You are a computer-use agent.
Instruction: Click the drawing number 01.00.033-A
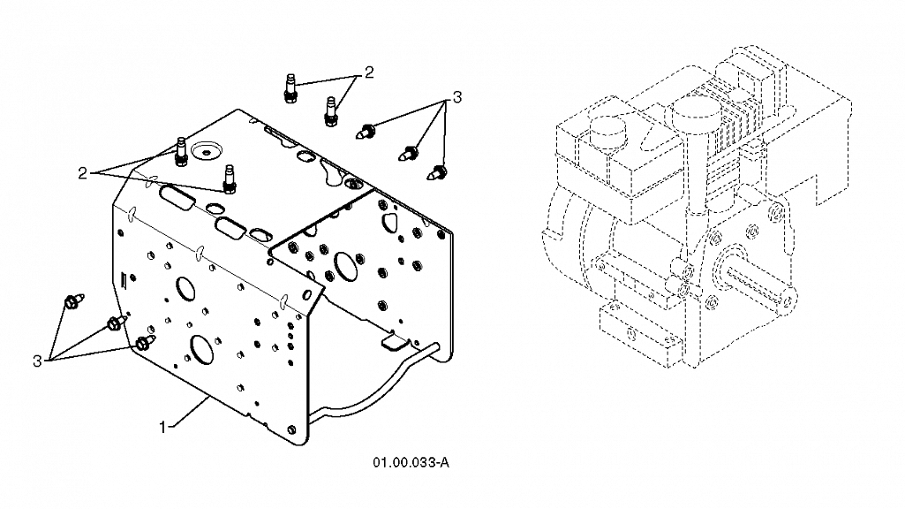coord(411,462)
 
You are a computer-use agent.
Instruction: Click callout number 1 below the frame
coord(162,427)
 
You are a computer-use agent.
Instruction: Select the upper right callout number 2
coord(369,72)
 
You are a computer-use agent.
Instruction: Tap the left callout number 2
coord(82,172)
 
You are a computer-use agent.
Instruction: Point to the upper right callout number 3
coord(457,97)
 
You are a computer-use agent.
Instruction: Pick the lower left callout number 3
coord(37,361)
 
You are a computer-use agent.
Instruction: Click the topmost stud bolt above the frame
coord(290,88)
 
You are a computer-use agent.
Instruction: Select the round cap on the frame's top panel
coord(205,149)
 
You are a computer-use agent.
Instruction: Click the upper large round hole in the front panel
coord(185,288)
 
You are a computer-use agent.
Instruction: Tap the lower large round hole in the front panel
coord(201,350)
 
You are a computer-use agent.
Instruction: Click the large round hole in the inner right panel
coord(344,264)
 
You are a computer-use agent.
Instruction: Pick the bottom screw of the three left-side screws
coord(146,342)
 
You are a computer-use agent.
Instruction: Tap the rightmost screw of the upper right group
coord(438,171)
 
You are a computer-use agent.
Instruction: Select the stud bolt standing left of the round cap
coord(181,151)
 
